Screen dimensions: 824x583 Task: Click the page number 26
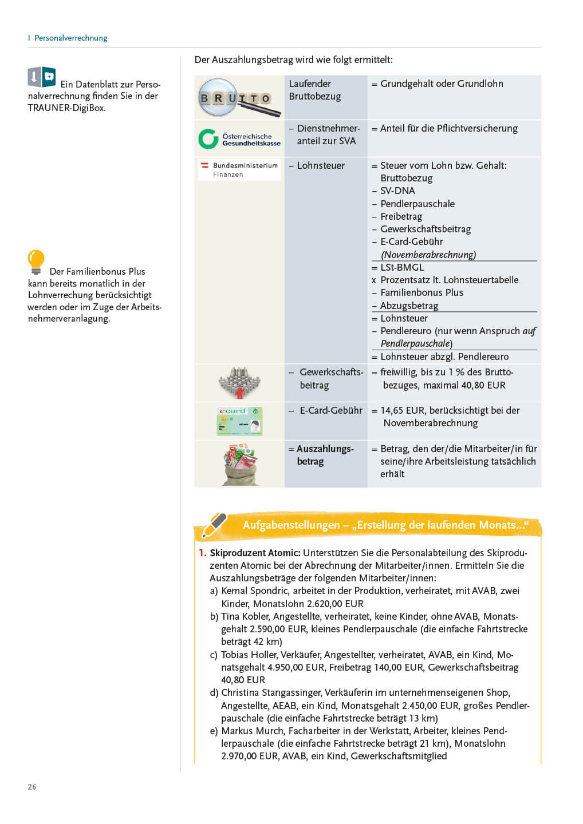(x=32, y=787)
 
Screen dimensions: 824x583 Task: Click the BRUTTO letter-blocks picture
(x=239, y=97)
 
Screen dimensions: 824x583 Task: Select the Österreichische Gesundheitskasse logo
(x=239, y=139)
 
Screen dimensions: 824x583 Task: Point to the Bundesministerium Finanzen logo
(x=239, y=170)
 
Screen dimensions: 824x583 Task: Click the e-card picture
(x=239, y=421)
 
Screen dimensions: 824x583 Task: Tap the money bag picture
(x=239, y=464)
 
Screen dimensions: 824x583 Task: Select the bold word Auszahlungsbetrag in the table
(x=324, y=455)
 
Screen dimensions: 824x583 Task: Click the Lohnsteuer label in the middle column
(x=320, y=165)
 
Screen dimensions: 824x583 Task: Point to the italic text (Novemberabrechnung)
(x=428, y=255)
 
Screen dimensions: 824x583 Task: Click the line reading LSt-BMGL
(x=402, y=267)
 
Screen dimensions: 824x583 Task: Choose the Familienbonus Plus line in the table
(x=422, y=292)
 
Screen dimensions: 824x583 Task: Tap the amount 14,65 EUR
(x=403, y=410)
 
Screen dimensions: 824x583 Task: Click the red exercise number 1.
(x=202, y=553)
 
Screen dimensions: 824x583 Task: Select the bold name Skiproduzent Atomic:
(x=255, y=553)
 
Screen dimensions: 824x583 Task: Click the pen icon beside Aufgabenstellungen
(x=214, y=524)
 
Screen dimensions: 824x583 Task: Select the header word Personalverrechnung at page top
(x=71, y=38)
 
